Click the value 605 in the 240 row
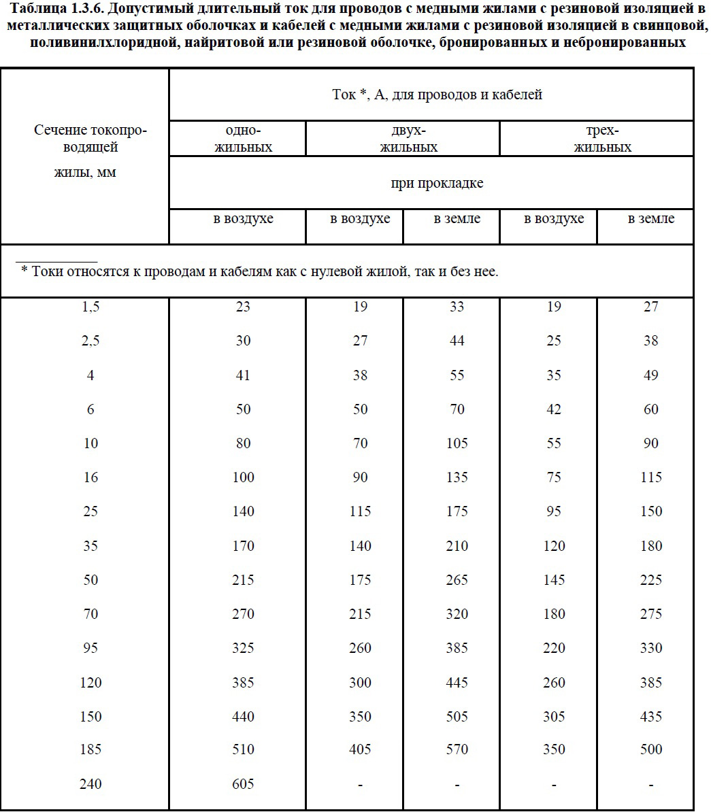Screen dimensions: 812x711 (243, 783)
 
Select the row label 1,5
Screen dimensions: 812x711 (90, 307)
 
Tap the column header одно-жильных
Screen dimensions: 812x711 (243, 139)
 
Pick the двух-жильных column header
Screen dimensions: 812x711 (408, 139)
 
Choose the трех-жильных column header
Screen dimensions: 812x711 (602, 139)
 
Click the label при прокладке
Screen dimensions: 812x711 (437, 183)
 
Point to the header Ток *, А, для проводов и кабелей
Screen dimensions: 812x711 (437, 95)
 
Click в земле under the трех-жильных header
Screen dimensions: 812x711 (651, 218)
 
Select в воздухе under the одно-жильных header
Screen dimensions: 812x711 (243, 218)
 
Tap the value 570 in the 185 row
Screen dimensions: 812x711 (457, 749)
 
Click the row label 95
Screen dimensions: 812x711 (90, 647)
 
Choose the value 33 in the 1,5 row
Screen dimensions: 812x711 (457, 307)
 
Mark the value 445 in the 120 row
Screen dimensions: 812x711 (457, 681)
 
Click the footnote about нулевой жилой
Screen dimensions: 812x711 (260, 271)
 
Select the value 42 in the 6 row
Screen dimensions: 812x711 (554, 409)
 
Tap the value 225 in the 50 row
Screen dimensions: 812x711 (651, 579)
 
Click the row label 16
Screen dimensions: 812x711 (90, 477)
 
